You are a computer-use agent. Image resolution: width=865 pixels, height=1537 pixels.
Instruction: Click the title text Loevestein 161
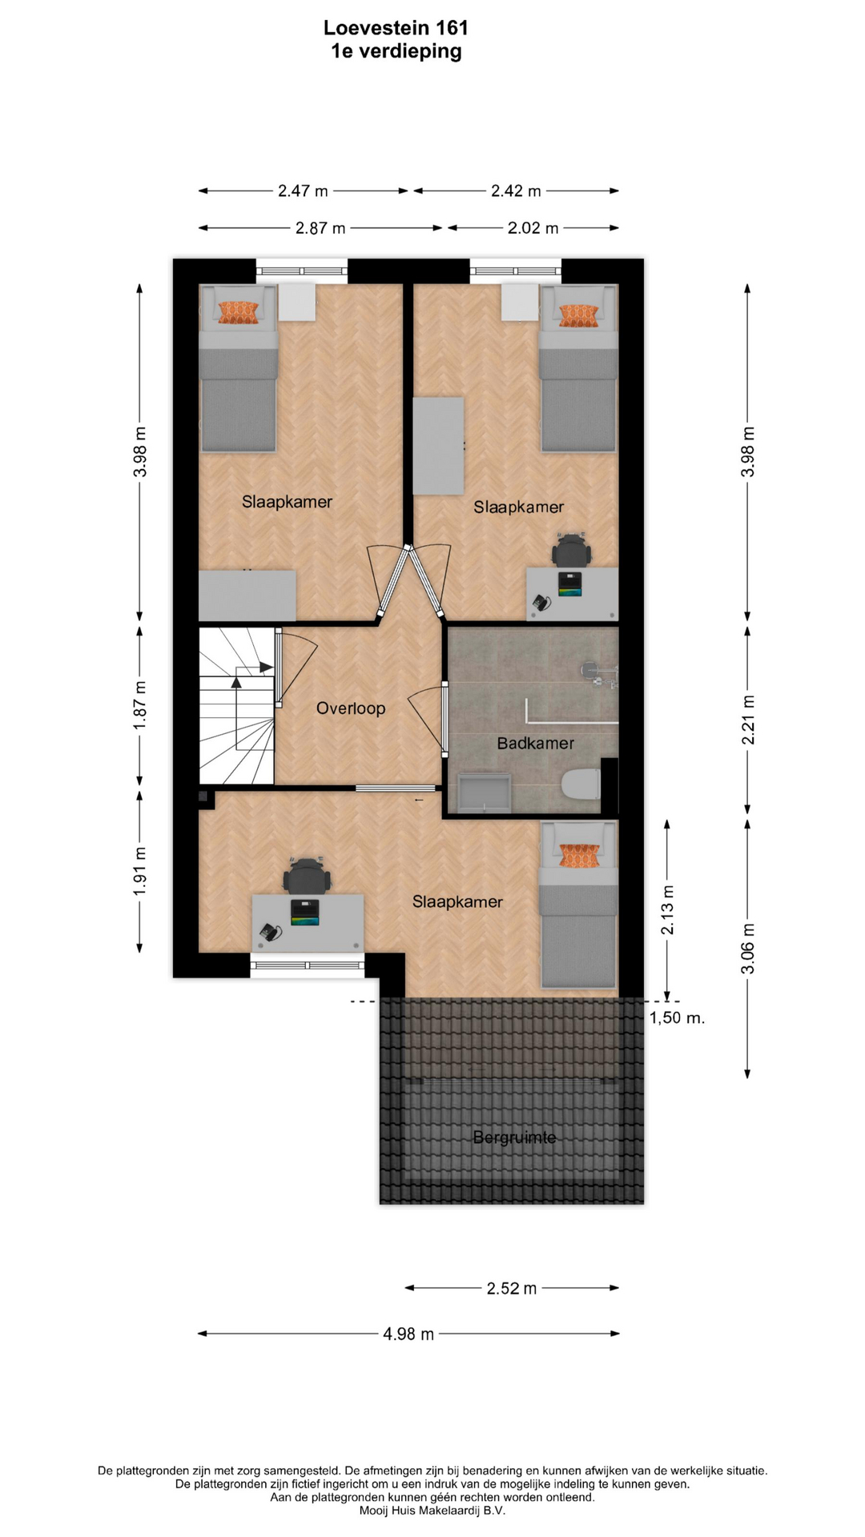pos(396,28)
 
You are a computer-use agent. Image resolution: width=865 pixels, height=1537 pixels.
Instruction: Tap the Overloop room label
pos(351,708)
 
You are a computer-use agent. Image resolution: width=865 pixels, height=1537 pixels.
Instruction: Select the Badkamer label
pos(535,743)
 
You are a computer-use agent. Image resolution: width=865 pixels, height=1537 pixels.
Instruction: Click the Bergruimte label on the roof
pos(514,1137)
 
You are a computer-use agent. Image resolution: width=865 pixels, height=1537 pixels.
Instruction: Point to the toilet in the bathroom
pos(581,785)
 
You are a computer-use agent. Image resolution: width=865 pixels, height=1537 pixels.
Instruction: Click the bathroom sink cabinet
pos(483,793)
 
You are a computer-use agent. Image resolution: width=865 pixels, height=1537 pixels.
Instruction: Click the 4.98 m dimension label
pos(408,1334)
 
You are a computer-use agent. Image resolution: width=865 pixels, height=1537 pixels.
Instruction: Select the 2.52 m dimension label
pos(512,1288)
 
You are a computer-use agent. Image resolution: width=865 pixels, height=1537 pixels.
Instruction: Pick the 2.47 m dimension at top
pos(303,191)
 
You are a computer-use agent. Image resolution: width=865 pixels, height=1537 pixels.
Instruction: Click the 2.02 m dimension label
pos(533,228)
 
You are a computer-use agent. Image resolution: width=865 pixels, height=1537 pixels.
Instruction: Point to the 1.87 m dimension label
pos(140,704)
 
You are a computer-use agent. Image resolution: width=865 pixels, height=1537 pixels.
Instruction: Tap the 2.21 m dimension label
pos(748,720)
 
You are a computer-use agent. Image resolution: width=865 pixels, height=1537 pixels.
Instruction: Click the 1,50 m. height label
pos(677,1017)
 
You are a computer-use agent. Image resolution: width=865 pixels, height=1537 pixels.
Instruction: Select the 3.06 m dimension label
pos(748,949)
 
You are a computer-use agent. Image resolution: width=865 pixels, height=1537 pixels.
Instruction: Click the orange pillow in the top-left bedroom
pos(239,312)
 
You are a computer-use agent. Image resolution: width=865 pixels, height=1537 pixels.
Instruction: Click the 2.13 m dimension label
pos(667,910)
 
